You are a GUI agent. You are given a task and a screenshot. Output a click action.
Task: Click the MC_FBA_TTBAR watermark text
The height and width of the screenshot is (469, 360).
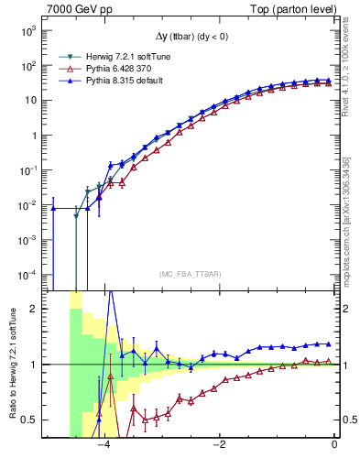coord(191,274)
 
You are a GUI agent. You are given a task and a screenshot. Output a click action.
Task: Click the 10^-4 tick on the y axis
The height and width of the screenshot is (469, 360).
coord(27,275)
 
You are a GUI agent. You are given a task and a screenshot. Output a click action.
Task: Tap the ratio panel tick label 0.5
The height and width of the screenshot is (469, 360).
coord(30,420)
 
